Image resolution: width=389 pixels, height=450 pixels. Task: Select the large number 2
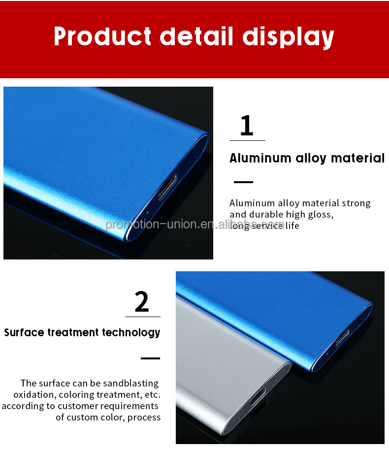(142, 302)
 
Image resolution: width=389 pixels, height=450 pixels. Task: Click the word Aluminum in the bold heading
(260, 158)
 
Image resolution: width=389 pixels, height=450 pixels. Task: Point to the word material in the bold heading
(357, 158)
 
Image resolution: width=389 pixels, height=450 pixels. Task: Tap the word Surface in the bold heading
(24, 333)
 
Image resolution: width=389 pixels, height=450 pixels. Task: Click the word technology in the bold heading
(131, 333)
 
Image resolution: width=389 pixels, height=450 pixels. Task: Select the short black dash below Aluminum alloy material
(243, 182)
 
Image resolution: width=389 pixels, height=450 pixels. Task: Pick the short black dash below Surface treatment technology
(150, 358)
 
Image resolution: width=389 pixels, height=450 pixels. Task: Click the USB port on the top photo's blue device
(166, 188)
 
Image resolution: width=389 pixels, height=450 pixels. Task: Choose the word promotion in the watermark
(128, 225)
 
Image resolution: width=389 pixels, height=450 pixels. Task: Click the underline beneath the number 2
(142, 317)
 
